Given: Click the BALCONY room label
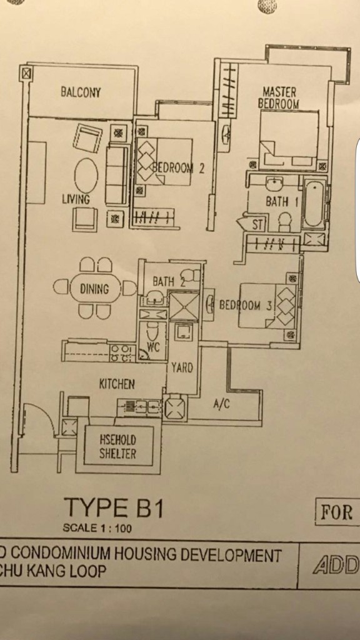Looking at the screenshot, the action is (x=81, y=92).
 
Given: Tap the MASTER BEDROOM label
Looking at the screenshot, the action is (x=279, y=97).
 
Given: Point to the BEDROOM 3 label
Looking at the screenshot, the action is (x=245, y=305).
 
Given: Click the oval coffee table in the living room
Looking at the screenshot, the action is (x=86, y=176).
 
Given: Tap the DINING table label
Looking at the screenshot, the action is (x=94, y=289).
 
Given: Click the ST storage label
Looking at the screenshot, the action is (x=257, y=225).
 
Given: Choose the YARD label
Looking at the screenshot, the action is (x=182, y=367).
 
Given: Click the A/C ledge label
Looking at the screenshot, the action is (x=222, y=404).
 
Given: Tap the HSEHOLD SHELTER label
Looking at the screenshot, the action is (x=118, y=446).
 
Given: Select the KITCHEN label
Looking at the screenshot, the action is (x=117, y=384).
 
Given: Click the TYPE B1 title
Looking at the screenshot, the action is (x=114, y=508).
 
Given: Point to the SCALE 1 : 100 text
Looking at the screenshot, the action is (x=97, y=528).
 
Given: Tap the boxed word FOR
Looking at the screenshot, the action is (x=336, y=512).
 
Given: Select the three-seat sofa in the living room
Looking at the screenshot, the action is (x=117, y=175).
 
